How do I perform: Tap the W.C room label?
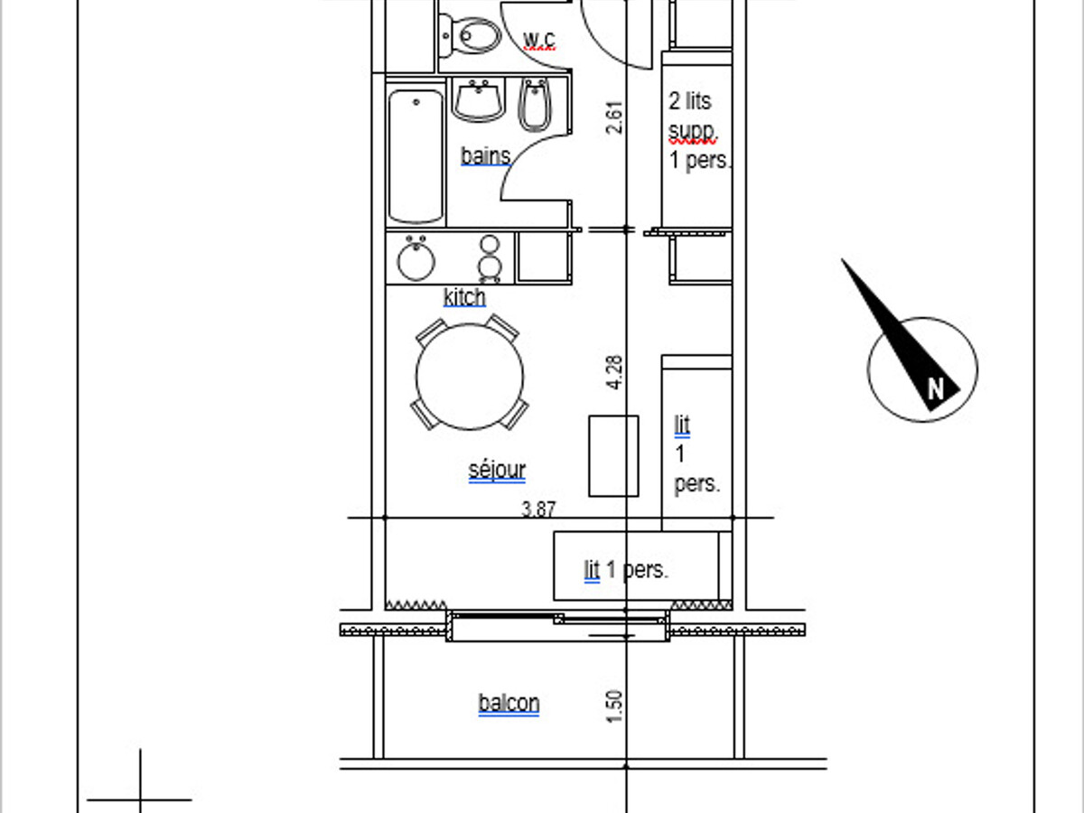coord(538,40)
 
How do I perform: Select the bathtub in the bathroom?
coord(416,156)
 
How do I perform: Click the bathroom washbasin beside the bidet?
coord(479,100)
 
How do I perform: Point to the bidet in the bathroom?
coord(534,105)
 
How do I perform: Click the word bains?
coord(485,156)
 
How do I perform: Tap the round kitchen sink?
coord(416,260)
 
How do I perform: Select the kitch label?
coord(464,297)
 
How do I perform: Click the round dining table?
coord(470,377)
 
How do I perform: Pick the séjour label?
coord(497,470)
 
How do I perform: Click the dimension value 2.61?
coord(614,117)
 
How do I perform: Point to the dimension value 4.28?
coord(614,373)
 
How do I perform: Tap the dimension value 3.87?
coord(538,509)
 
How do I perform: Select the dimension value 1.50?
coord(614,706)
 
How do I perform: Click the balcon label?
coord(509,703)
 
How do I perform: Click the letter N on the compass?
coord(935,389)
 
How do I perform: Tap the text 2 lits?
coord(690,101)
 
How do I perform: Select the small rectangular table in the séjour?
coord(613,455)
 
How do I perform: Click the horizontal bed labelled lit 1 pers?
coord(636,565)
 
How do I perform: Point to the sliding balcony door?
coord(558,626)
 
